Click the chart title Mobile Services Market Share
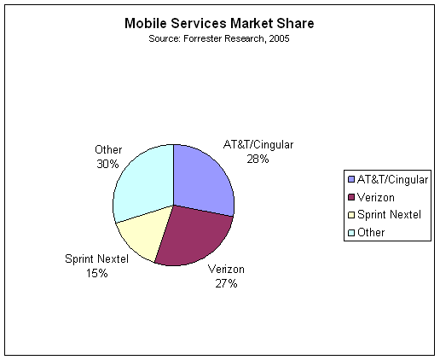point(219,23)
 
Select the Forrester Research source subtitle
point(219,38)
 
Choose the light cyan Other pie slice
point(142,182)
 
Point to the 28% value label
point(258,159)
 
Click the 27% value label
point(226,283)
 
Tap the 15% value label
point(97,273)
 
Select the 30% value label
point(107,164)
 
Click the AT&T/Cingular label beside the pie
point(258,145)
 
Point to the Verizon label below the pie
point(226,269)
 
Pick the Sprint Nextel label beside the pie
point(97,258)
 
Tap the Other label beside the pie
point(108,149)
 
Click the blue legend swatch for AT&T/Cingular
point(351,179)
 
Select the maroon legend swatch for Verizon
point(351,197)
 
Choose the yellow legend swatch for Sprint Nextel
point(351,215)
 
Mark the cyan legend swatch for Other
point(351,233)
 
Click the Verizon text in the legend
point(376,197)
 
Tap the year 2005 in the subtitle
point(279,38)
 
